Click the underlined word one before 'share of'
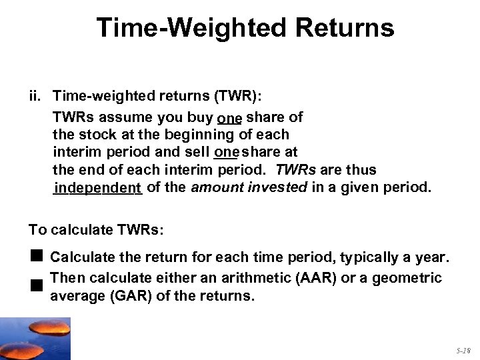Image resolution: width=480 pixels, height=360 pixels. click(229, 118)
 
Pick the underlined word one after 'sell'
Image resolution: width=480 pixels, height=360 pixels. click(227, 153)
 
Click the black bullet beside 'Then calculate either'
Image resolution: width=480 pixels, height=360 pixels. click(36, 285)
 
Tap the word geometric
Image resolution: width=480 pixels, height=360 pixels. click(406, 277)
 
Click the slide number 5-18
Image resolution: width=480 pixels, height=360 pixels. click(464, 350)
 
